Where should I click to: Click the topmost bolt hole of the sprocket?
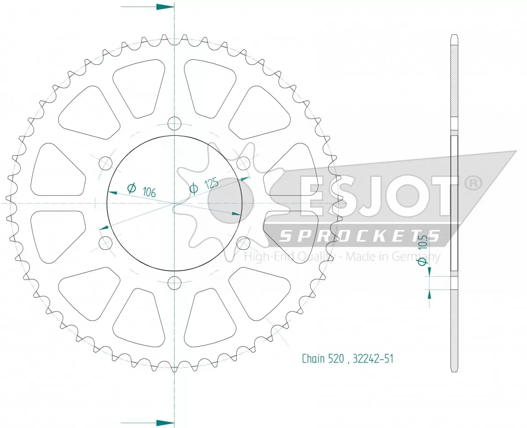[x=175, y=123]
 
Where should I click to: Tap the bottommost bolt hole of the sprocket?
[x=175, y=282]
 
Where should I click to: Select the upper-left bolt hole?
[x=105, y=163]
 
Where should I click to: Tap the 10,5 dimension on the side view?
[x=422, y=243]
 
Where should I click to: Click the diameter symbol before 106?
[x=131, y=188]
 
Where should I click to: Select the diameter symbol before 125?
[x=193, y=189]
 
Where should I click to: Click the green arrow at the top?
[x=165, y=7]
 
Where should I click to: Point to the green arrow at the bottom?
[x=165, y=421]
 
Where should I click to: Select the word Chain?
[x=314, y=359]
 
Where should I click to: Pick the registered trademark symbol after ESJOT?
[x=473, y=184]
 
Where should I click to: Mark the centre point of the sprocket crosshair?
[x=175, y=203]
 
